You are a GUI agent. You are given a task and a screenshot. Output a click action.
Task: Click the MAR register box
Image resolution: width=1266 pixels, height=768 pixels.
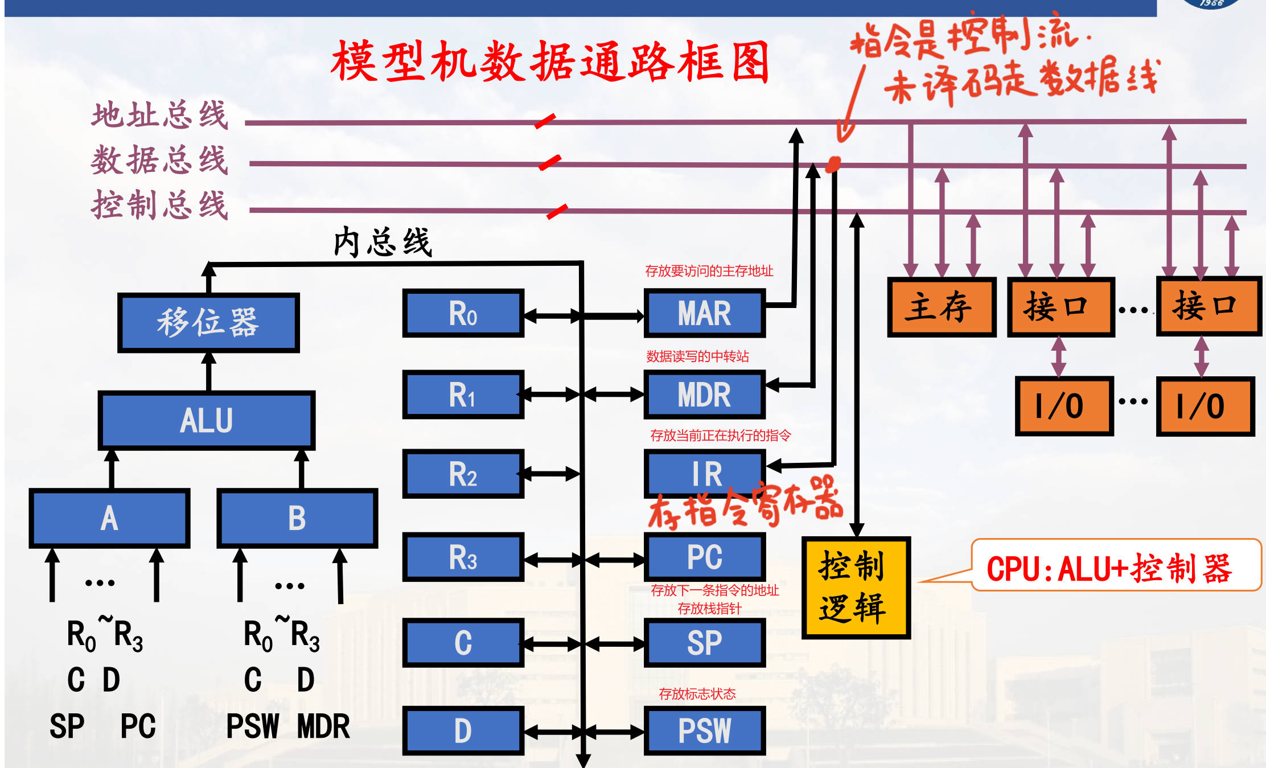(x=704, y=313)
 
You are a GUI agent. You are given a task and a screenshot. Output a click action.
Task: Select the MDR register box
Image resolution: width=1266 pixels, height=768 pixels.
(x=704, y=395)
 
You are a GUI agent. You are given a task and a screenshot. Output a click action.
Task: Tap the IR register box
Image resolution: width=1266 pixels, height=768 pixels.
(x=704, y=474)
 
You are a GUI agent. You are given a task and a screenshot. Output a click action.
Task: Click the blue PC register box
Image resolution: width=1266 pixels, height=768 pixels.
(x=704, y=557)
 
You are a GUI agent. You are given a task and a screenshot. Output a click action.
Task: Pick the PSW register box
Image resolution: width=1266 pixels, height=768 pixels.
(x=704, y=730)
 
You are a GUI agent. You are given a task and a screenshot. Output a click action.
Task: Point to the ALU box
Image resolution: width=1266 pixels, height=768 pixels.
(x=206, y=420)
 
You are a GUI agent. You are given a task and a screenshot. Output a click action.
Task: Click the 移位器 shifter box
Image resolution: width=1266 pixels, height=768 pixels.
(x=208, y=322)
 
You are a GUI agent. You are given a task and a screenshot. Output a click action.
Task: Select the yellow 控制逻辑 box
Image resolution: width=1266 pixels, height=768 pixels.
(x=856, y=588)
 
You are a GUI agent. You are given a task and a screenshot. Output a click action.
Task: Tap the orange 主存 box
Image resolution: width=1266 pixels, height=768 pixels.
(x=941, y=307)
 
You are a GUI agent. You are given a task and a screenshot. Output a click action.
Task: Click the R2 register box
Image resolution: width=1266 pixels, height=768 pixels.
(x=463, y=474)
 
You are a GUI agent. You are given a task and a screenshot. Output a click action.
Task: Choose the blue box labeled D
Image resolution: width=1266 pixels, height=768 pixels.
(x=463, y=730)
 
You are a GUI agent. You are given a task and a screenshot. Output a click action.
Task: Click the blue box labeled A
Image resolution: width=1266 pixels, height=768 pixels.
(x=109, y=518)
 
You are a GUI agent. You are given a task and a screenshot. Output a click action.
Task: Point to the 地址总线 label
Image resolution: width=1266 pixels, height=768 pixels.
(x=160, y=115)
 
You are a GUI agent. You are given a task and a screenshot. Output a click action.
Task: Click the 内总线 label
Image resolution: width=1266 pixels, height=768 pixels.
(x=383, y=242)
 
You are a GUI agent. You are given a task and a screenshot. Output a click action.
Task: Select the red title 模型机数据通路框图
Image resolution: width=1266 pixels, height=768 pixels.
(x=550, y=61)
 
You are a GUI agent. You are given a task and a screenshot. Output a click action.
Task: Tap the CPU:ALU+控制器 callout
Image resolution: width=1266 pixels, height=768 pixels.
(x=1116, y=568)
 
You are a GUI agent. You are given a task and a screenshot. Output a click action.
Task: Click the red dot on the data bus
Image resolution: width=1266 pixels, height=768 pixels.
(x=833, y=165)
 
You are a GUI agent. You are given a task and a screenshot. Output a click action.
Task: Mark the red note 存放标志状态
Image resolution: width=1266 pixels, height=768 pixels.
(x=697, y=693)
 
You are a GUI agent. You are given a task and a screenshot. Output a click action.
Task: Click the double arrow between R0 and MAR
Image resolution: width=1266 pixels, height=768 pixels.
(x=583, y=315)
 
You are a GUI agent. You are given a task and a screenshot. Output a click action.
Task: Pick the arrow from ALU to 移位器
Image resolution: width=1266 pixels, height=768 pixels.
(x=209, y=371)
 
